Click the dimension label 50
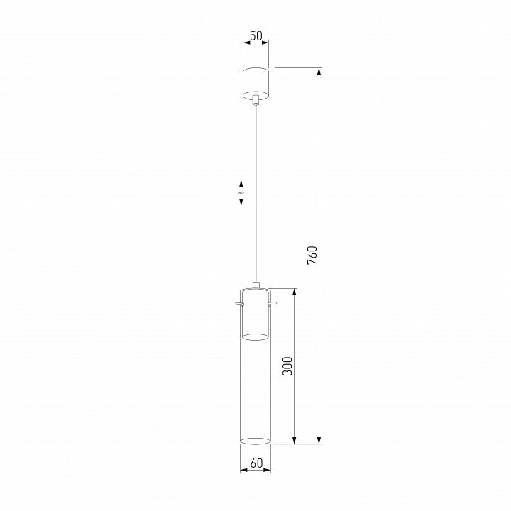point(255,36)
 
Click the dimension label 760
point(312,255)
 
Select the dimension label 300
point(287,366)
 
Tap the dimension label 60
point(256,463)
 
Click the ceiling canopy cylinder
point(255,83)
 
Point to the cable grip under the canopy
point(256,100)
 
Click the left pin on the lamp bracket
point(240,304)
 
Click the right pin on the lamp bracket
point(273,304)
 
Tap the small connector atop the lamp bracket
point(256,285)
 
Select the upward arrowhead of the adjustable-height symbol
point(241,184)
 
